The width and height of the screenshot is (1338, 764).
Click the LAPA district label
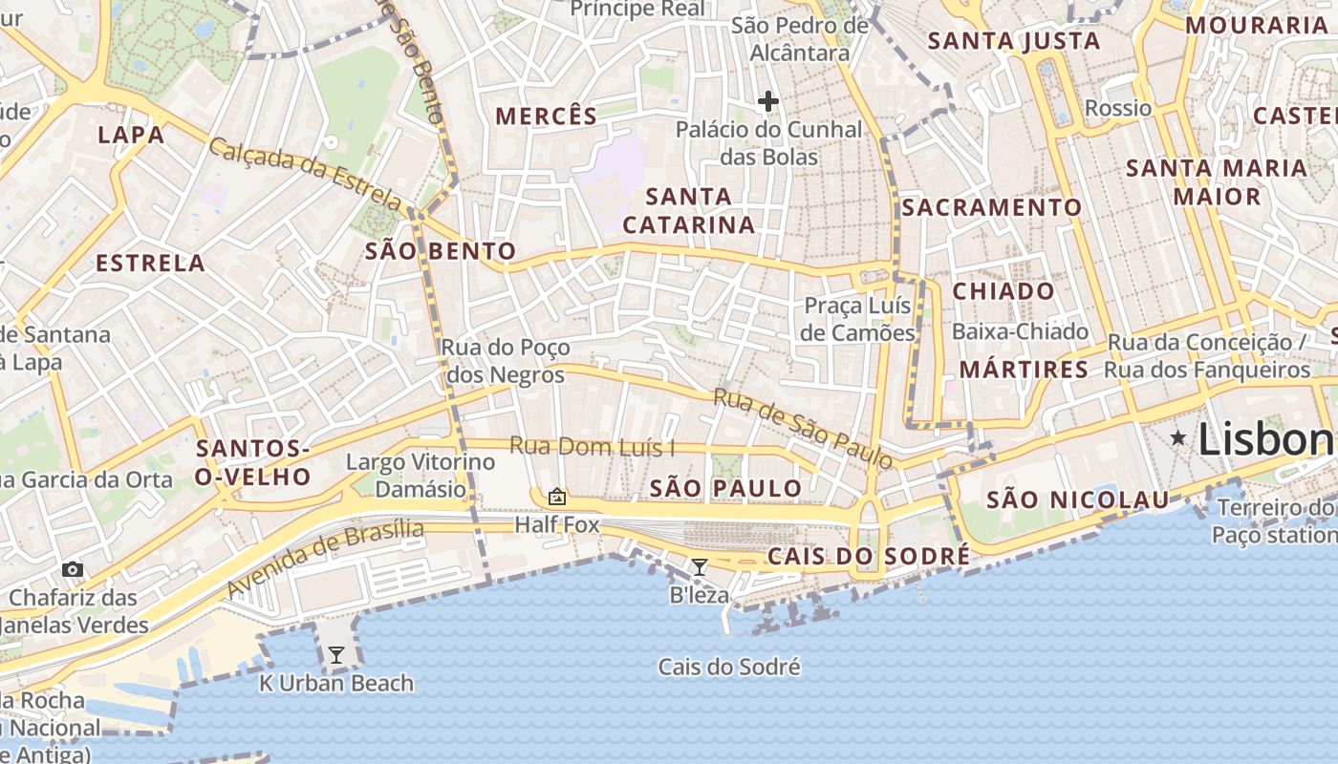[131, 135]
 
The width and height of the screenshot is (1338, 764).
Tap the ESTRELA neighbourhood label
[150, 263]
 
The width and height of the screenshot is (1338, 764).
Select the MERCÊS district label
[546, 117]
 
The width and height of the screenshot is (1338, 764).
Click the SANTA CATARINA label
[688, 211]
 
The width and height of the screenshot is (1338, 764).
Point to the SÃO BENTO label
[441, 251]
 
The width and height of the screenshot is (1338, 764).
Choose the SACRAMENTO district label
[991, 207]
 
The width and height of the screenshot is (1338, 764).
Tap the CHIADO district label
[1003, 291]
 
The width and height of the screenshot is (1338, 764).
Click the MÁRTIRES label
[1024, 369]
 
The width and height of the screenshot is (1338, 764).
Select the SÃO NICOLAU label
[1077, 499]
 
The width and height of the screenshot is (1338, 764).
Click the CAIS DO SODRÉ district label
[869, 556]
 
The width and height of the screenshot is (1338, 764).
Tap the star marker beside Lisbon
[1178, 437]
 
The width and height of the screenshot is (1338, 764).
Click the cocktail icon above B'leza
[700, 567]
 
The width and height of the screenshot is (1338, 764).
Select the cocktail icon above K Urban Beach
[336, 655]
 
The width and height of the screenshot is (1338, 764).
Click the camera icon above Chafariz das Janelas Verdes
[73, 570]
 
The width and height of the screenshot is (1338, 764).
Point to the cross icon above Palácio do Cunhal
[768, 100]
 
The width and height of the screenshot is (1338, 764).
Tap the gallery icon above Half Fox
[556, 496]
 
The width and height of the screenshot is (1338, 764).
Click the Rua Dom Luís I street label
[592, 446]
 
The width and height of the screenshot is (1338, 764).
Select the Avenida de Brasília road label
[325, 559]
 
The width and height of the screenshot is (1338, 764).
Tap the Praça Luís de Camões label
[858, 319]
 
